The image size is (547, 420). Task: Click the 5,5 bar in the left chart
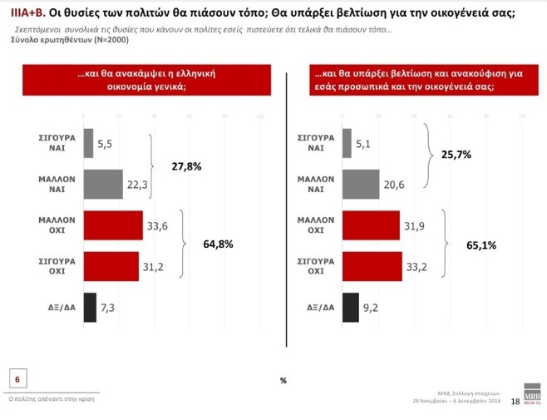click(88, 144)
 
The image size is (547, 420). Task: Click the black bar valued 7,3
click(90, 307)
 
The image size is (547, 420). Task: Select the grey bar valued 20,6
click(360, 185)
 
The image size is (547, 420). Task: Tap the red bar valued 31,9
click(370, 226)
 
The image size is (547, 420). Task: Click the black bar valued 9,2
click(350, 307)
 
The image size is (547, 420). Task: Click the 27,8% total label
click(186, 166)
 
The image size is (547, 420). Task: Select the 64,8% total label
click(218, 245)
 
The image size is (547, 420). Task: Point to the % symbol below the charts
click(283, 380)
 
